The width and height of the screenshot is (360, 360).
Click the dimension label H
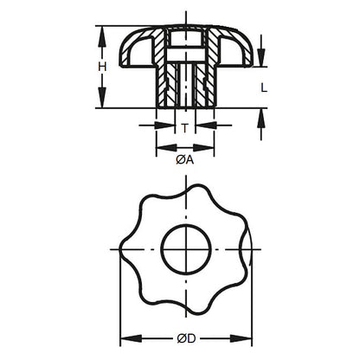[102, 67]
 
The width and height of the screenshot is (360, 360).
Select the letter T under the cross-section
[184, 127]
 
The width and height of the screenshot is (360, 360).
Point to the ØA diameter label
[184, 159]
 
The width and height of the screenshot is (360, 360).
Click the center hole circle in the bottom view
[184, 247]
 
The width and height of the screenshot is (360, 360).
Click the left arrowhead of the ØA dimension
[160, 148]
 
